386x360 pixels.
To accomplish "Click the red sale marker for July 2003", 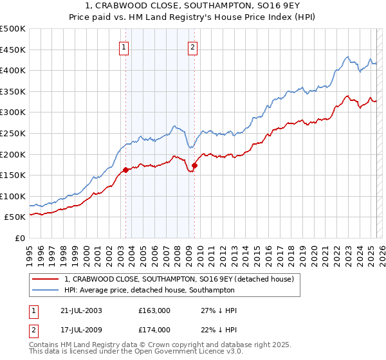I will (126, 170).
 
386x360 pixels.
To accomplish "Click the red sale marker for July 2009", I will (194, 165).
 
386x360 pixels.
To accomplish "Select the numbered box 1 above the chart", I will (123, 46).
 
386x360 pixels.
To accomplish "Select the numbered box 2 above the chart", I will (192, 46).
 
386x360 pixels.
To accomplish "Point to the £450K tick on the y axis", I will (14, 50).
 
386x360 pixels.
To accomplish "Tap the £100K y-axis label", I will (14, 196).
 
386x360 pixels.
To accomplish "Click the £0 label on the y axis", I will (20, 238).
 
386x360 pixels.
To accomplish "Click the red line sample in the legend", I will (46, 279).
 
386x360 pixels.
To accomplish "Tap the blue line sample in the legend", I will (46, 290).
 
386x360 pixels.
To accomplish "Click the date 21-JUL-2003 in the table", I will (80, 310).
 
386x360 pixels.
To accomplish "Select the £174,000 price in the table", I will (154, 330).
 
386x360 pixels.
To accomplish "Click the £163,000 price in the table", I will (154, 310).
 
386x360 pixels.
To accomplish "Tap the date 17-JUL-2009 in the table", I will (80, 330).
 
